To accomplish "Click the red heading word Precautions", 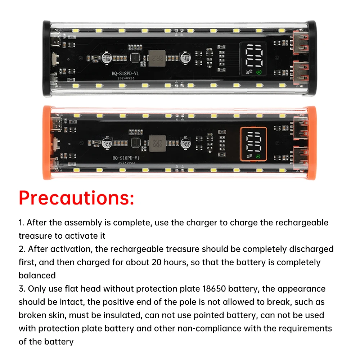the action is pos(76,198).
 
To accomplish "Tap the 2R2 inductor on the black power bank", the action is pos(157,58).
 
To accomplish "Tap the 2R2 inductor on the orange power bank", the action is pos(158,143).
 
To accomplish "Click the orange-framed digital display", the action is pos(253,144).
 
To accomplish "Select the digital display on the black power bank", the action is pos(253,59).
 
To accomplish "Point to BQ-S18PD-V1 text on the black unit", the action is pos(125,73).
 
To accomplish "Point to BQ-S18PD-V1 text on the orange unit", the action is pos(126,158).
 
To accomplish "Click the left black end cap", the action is pos(46,59).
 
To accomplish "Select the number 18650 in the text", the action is pos(214,289).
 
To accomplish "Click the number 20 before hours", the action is pos(157,262).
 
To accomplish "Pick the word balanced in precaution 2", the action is pos(37,275).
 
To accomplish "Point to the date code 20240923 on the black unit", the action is pos(126,78).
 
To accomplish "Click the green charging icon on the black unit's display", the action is pos(259,72).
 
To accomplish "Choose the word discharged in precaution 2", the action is pos(311,249).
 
